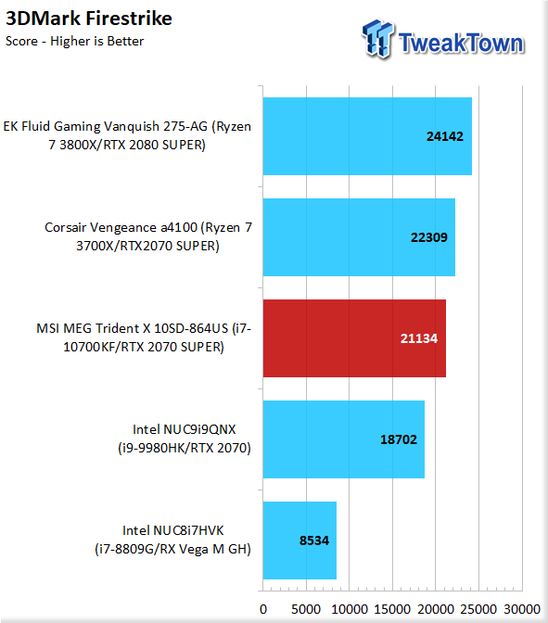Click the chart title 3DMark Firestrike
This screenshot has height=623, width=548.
tap(89, 19)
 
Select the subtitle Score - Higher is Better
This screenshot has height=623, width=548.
tap(75, 41)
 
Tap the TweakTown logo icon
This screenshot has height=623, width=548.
tap(377, 39)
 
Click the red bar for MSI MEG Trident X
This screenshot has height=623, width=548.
tap(354, 338)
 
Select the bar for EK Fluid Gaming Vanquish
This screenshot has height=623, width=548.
tap(367, 136)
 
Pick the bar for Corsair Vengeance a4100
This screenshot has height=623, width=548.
tap(359, 237)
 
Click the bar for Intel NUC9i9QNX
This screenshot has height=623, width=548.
tap(344, 439)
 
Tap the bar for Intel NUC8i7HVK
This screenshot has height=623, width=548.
tap(299, 540)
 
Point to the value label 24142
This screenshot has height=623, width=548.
tap(445, 136)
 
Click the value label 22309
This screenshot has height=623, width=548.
tap(428, 237)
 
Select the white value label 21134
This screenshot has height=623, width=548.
tap(419, 338)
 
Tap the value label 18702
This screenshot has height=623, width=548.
tap(399, 439)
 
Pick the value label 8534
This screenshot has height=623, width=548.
tap(314, 540)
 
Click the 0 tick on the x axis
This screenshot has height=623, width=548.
tap(263, 609)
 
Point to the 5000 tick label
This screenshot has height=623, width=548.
tap(306, 609)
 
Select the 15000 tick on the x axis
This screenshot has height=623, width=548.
tap(392, 609)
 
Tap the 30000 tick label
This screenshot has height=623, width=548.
tap(522, 609)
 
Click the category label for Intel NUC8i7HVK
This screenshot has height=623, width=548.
tap(172, 540)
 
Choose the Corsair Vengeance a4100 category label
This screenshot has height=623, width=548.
tap(147, 236)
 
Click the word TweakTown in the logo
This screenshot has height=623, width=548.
tap(462, 43)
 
